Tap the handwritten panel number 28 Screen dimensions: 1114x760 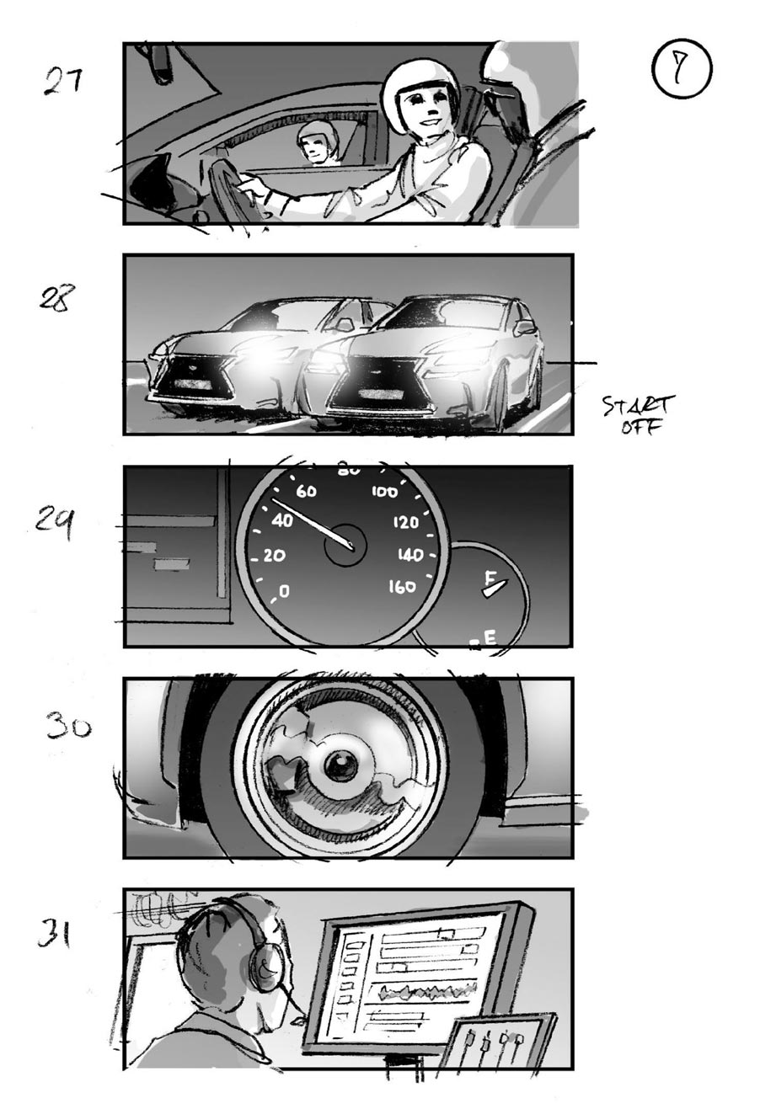(x=57, y=298)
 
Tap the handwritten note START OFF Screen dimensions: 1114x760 (x=639, y=415)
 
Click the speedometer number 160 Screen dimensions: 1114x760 (x=402, y=587)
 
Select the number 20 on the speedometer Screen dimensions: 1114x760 (x=274, y=556)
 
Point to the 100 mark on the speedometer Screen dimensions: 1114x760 (x=384, y=492)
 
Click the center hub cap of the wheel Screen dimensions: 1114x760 (x=340, y=765)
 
